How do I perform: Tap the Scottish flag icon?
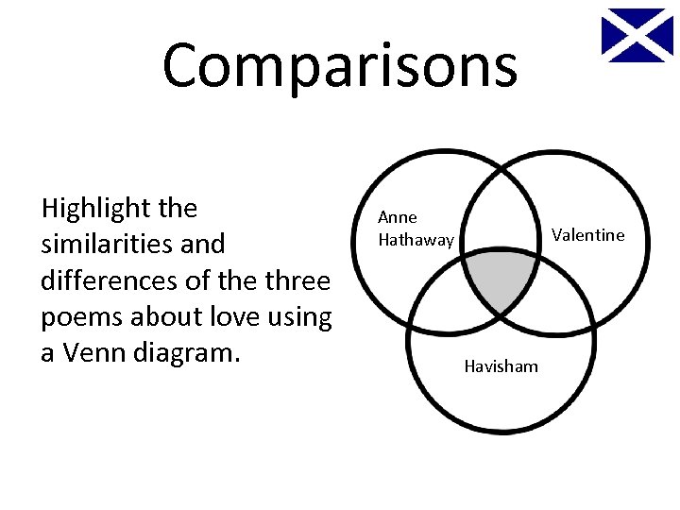pyautogui.click(x=637, y=35)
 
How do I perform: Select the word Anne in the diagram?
pyautogui.click(x=398, y=217)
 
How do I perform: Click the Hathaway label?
pyautogui.click(x=416, y=240)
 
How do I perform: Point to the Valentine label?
pyautogui.click(x=587, y=235)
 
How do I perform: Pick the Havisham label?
pyautogui.click(x=501, y=366)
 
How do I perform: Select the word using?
pyautogui.click(x=302, y=318)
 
